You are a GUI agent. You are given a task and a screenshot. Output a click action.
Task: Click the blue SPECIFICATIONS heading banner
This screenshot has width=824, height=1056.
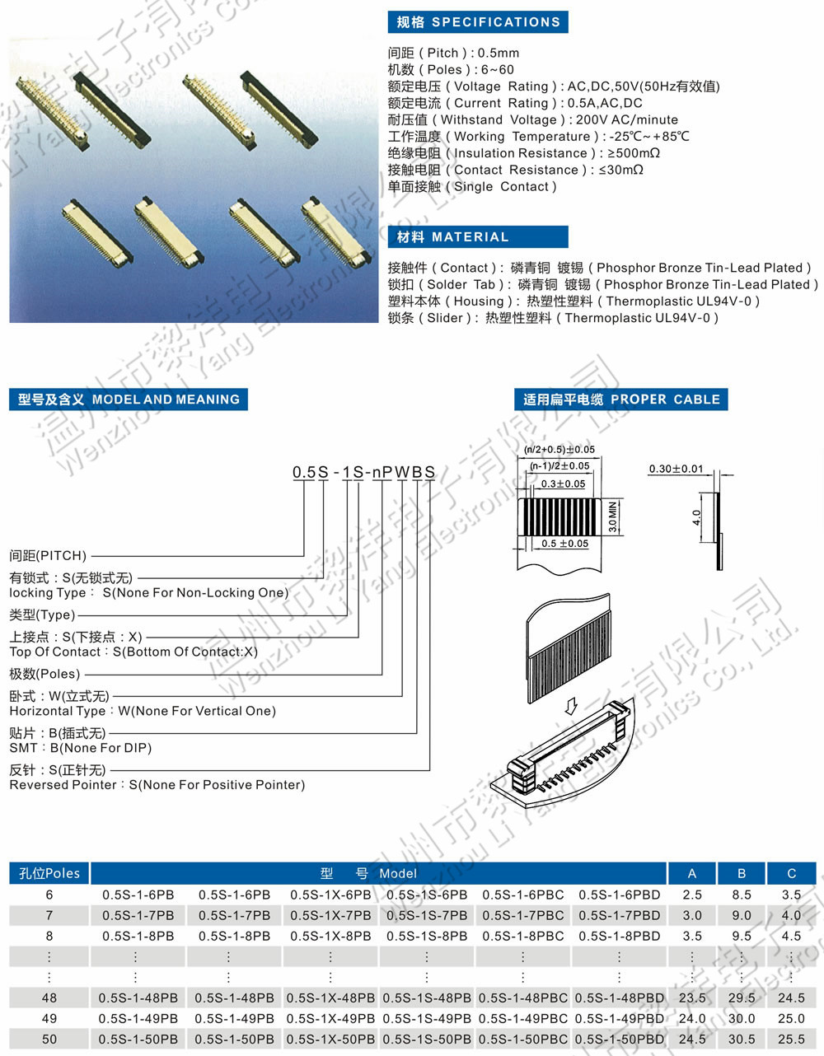pyautogui.click(x=478, y=22)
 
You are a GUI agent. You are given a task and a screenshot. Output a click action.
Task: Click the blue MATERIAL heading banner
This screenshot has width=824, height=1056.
pyautogui.click(x=478, y=237)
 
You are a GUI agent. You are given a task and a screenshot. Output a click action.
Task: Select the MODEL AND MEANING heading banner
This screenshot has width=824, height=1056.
pyautogui.click(x=129, y=400)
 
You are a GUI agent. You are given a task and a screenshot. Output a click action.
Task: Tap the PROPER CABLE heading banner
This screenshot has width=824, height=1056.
pyautogui.click(x=621, y=400)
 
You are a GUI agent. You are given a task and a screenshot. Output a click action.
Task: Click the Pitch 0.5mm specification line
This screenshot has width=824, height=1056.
pyautogui.click(x=453, y=53)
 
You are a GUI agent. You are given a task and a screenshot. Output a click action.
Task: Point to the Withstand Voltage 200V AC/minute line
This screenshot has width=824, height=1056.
pyautogui.click(x=533, y=119)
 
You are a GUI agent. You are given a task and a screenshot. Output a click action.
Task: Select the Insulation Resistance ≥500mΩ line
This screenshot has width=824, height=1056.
pyautogui.click(x=524, y=153)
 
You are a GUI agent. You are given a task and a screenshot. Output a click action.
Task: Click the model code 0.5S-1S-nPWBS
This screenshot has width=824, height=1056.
pyautogui.click(x=363, y=472)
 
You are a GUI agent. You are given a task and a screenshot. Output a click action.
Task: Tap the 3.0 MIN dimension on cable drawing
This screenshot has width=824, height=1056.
pyautogui.click(x=612, y=516)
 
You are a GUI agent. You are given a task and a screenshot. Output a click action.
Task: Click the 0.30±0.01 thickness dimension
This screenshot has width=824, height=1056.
pyautogui.click(x=676, y=469)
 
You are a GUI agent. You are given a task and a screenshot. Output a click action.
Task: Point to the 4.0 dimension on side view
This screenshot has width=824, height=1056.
pyautogui.click(x=696, y=517)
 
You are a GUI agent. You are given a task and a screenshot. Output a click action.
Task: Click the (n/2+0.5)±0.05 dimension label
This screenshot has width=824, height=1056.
pyautogui.click(x=559, y=450)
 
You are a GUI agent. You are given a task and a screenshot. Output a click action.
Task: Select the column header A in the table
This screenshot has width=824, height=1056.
pyautogui.click(x=691, y=873)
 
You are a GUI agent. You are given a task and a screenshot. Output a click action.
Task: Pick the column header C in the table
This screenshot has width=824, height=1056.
pyautogui.click(x=791, y=873)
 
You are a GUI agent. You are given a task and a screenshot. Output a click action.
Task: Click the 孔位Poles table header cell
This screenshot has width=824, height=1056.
pyautogui.click(x=49, y=873)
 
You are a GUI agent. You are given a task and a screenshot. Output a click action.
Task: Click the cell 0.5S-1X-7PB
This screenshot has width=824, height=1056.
pyautogui.click(x=330, y=915)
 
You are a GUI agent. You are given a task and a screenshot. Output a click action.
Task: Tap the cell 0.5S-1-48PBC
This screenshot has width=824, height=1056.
pyautogui.click(x=522, y=998)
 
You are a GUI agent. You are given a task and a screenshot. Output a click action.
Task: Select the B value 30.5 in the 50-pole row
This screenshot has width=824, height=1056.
pyautogui.click(x=742, y=1039)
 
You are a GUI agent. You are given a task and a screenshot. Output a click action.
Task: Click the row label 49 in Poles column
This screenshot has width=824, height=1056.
pyautogui.click(x=49, y=1018)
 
